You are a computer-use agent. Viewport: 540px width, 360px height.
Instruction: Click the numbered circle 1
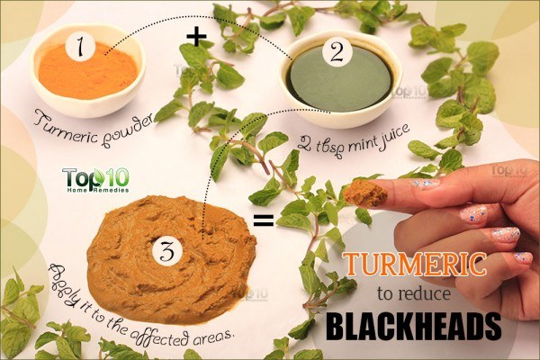(80, 48)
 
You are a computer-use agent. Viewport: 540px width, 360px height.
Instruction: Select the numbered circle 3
(167, 251)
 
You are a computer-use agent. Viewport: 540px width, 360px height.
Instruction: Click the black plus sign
(196, 37)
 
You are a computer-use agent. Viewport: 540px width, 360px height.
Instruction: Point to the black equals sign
(264, 220)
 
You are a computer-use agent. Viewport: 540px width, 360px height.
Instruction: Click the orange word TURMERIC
(416, 265)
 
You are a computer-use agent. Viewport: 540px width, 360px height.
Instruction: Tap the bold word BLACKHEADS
(413, 326)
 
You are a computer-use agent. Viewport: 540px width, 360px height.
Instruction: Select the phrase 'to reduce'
(414, 294)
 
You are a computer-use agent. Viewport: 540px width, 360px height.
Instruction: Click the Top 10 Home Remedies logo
(95, 180)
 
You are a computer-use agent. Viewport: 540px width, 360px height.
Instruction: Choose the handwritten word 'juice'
(396, 133)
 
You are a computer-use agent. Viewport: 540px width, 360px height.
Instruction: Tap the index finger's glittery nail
(425, 184)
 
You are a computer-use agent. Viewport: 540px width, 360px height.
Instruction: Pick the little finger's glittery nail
(523, 257)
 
